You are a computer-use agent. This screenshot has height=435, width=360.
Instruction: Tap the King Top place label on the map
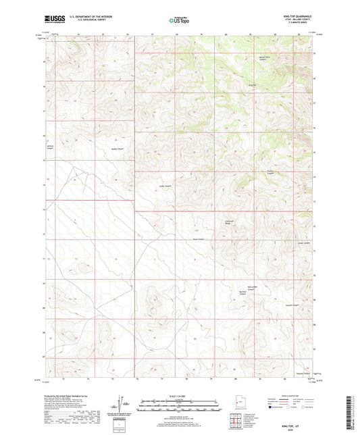(x=254, y=84)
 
